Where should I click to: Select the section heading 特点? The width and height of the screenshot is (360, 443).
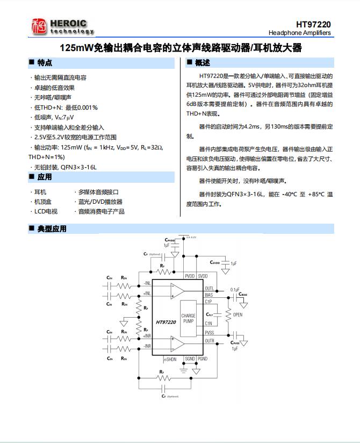[45, 63]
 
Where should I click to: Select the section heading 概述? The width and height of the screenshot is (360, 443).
[203, 63]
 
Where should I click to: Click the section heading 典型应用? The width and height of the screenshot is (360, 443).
[52, 229]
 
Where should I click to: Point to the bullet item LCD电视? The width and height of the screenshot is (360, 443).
[46, 211]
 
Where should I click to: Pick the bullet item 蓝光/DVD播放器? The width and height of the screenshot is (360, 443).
[100, 202]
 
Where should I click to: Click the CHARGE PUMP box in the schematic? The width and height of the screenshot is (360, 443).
[188, 318]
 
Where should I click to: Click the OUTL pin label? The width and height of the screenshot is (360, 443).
[210, 289]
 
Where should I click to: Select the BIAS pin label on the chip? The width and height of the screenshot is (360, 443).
[209, 295]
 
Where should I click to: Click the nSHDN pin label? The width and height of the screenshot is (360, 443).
[170, 359]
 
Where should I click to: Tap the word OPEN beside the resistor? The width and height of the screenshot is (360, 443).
[237, 315]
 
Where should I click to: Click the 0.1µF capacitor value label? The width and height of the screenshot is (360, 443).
[235, 289]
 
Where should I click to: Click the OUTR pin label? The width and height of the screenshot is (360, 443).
[210, 341]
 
